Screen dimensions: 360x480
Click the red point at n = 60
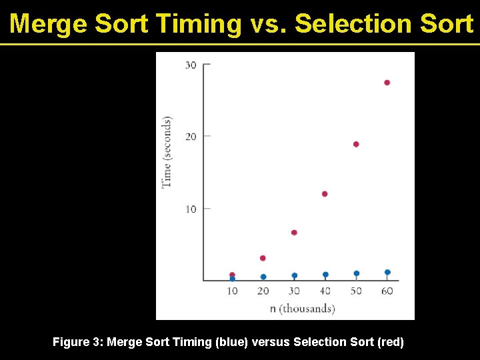coord(387,83)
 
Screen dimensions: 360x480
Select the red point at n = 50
coord(356,144)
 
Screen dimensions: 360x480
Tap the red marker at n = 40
coord(325,194)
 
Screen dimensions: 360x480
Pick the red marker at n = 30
coord(294,233)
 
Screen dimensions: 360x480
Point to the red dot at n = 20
coord(263,258)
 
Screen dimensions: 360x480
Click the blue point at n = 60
coord(387,272)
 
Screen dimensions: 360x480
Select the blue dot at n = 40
coord(325,275)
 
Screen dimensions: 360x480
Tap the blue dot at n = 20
coord(263,277)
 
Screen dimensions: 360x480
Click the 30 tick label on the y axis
coord(191,65)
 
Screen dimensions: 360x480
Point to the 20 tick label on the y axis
coord(191,137)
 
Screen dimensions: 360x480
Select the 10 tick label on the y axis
coord(191,209)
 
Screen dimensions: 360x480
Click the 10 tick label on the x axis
coord(232,291)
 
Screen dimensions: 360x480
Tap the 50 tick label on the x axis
coord(356,291)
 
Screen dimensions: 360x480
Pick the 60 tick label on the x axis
coord(387,291)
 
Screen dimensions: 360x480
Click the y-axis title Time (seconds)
coord(167,152)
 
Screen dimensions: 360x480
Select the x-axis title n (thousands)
coord(302,308)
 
